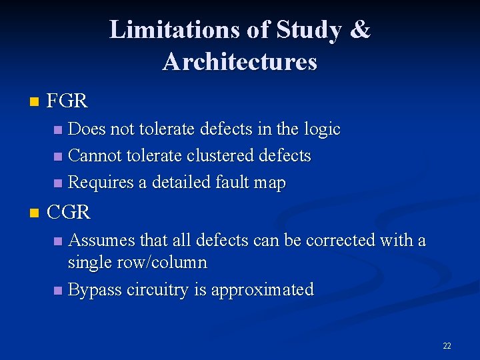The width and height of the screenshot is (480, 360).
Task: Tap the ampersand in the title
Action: [x=359, y=30]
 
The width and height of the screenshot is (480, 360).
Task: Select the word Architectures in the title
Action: [x=239, y=61]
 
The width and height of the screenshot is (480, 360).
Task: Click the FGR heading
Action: [x=67, y=101]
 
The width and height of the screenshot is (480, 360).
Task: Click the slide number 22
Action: [x=447, y=345]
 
